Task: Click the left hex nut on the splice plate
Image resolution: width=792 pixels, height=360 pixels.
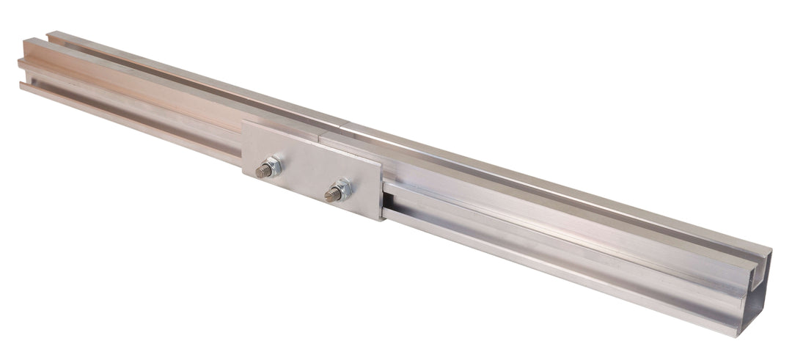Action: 272,168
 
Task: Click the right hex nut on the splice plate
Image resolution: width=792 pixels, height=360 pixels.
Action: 341,191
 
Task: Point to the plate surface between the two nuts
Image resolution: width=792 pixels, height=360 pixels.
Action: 307,175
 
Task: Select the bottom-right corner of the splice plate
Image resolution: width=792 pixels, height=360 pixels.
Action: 380,220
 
